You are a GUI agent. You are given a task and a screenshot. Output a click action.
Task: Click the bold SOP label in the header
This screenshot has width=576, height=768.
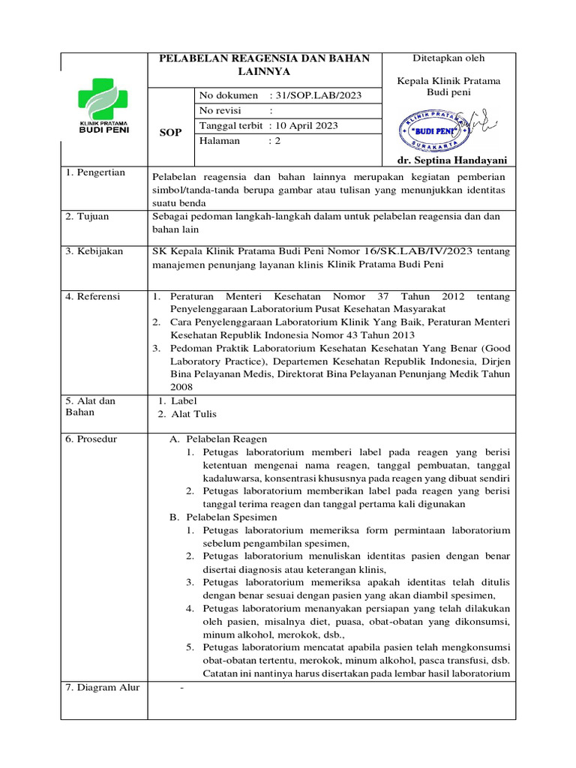pos(170,133)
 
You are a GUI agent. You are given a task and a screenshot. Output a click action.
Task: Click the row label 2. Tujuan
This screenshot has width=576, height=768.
pos(87,216)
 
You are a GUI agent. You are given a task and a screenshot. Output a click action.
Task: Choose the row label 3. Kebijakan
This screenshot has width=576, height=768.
pos(94,251)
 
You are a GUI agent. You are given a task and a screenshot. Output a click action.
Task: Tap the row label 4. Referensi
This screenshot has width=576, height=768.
pos(93,296)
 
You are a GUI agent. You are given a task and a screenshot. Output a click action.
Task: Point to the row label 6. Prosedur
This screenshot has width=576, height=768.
pos(91,438)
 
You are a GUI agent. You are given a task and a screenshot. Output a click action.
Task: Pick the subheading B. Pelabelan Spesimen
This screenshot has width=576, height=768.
pos(223,517)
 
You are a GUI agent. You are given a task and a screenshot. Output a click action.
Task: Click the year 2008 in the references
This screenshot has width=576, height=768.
pos(181,387)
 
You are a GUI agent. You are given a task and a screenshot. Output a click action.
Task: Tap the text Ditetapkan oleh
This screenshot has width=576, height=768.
pos(448,58)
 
